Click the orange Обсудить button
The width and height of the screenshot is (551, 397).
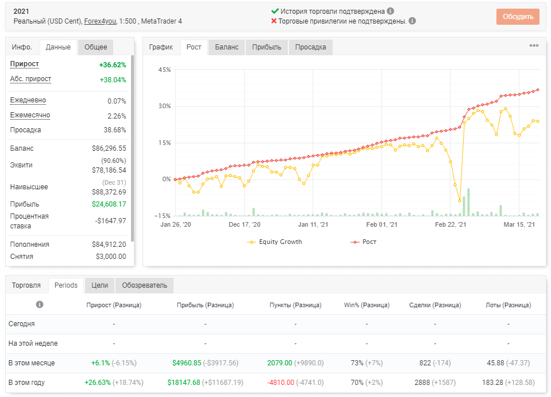pos(518,17)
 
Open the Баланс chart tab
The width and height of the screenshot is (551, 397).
pos(226,47)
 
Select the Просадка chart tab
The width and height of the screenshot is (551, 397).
pos(311,47)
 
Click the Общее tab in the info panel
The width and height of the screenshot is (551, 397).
pos(95,47)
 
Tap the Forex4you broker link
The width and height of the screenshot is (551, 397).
pos(100,21)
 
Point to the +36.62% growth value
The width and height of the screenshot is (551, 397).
pos(113,65)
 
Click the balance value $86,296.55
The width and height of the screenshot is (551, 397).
pos(109,148)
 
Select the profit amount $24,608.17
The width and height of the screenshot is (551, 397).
pos(109,204)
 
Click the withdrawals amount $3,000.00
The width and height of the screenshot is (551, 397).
pos(111,256)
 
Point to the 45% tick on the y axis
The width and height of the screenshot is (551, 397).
pos(164,70)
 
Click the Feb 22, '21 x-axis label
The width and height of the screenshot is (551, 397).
pos(450,224)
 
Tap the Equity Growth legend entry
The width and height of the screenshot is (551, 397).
pos(275,242)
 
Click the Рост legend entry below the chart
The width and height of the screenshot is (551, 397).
pos(363,242)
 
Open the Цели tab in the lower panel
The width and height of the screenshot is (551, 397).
pos(100,285)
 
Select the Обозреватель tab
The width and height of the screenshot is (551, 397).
pos(144,285)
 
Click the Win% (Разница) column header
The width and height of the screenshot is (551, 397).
pos(367,305)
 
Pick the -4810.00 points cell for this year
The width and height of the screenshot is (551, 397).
pos(281,383)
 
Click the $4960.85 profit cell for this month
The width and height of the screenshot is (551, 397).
pos(187,363)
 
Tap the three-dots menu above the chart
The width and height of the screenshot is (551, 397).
pos(534,45)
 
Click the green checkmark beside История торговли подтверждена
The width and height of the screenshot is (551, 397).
pos(275,11)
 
